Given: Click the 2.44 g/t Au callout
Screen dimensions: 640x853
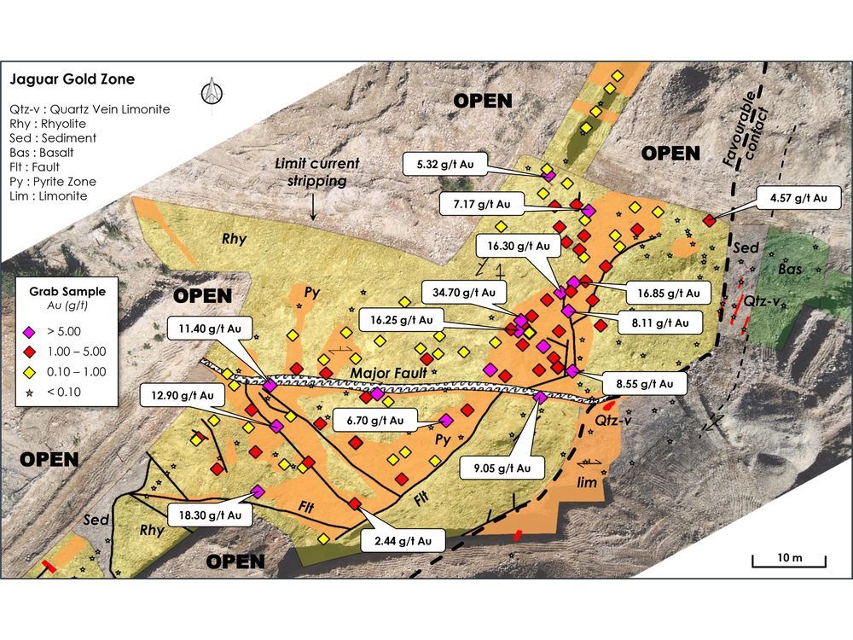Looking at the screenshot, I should click(x=403, y=540).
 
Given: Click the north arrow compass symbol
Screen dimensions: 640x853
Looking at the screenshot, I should click(x=209, y=93).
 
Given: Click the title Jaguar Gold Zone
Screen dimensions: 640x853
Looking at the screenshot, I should click(x=72, y=80).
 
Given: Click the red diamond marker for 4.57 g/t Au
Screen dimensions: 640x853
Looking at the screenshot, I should click(x=709, y=221).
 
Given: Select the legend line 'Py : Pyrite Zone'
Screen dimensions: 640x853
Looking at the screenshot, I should click(x=53, y=182).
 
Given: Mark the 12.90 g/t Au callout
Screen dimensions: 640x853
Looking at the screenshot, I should click(x=184, y=396).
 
